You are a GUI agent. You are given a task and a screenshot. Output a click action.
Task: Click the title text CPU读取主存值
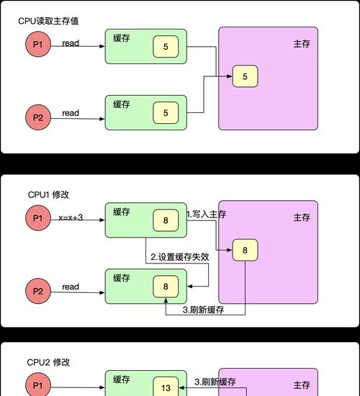48,21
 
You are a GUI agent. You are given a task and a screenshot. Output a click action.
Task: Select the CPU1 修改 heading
48,194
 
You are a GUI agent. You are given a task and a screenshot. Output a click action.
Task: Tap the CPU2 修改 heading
48,362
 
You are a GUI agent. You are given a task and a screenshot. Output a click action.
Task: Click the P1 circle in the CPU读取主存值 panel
38,44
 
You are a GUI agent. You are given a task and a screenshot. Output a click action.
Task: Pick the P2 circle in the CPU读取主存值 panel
38,117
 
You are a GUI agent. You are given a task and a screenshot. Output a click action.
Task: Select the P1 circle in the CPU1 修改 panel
38,218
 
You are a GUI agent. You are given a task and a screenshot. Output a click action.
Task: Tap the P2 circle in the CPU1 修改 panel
38,291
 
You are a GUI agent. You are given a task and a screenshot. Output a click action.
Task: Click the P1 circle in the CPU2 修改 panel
38,385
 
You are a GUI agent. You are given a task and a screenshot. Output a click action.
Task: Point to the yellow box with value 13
166,387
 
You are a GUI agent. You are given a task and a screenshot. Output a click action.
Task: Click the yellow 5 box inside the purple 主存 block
245,76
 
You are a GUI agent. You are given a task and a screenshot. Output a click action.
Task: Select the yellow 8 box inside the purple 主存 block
245,250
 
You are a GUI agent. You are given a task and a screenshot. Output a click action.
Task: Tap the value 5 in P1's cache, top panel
166,47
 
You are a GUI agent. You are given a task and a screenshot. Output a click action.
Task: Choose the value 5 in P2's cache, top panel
166,112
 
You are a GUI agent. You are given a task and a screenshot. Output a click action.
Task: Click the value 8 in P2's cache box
166,287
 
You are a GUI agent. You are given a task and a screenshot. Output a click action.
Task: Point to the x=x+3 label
71,217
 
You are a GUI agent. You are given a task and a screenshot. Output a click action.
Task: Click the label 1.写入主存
206,214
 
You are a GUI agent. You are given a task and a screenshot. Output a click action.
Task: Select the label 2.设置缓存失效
180,257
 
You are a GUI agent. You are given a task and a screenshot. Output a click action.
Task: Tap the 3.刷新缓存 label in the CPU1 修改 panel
203,310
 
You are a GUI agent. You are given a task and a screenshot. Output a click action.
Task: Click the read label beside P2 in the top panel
71,113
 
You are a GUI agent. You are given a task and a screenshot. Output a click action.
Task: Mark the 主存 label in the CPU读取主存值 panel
302,44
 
